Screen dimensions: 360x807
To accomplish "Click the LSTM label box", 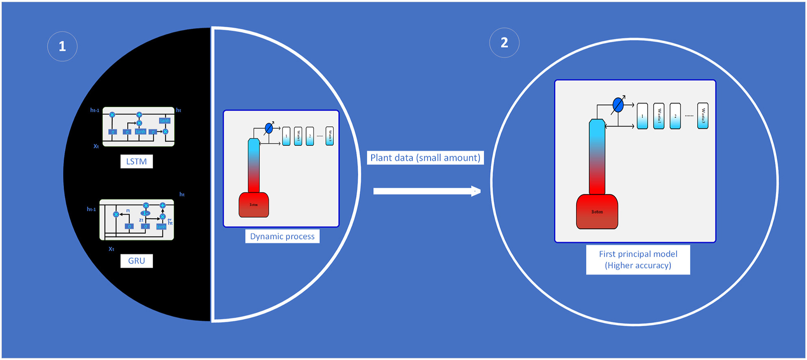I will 137,161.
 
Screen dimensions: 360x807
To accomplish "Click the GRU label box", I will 137,261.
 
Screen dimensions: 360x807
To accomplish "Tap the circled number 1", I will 62,46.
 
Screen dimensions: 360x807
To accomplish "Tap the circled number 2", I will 504,43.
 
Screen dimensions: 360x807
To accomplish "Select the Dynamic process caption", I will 282,236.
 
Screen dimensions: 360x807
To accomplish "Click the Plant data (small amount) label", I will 425,158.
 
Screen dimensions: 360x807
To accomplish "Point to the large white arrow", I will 426,191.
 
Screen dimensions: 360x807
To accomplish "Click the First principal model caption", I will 638,260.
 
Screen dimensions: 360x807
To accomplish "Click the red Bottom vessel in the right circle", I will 597,212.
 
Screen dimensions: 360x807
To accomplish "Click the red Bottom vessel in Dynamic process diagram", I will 254,205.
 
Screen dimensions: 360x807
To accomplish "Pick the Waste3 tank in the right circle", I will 703,116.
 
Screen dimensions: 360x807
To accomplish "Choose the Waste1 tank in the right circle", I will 659,116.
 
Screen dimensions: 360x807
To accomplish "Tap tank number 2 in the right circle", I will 675,116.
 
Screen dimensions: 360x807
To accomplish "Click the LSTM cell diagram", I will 138,126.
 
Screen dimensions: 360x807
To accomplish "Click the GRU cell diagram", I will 137,219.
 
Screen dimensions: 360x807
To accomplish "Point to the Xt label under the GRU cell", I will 111,249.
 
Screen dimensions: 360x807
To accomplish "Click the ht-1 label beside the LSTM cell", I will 95,110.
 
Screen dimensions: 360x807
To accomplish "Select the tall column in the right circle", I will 597,156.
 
